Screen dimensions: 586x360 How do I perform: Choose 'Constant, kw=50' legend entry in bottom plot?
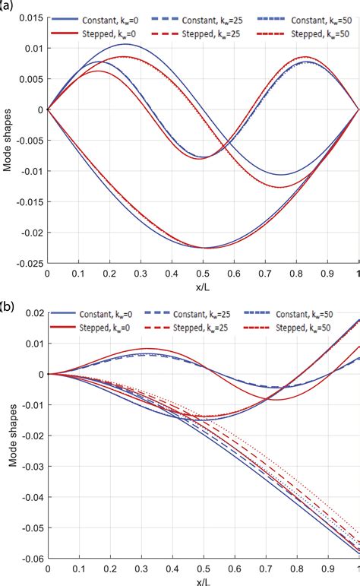[308, 313]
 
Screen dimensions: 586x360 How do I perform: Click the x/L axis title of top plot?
[203, 287]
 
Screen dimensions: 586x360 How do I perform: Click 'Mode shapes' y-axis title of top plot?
[7, 141]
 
